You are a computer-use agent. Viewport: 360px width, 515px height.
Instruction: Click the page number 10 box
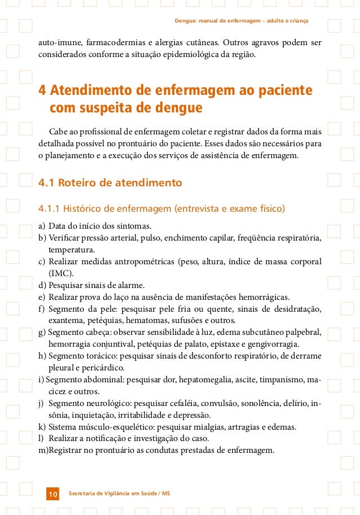[52, 495]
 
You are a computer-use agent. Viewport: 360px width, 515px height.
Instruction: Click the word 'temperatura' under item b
[72, 249]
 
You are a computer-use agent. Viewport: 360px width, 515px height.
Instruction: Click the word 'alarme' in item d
[130, 285]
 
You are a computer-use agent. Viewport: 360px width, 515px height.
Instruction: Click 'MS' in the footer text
[165, 494]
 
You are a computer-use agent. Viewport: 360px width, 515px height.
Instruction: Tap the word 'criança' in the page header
[296, 21]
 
